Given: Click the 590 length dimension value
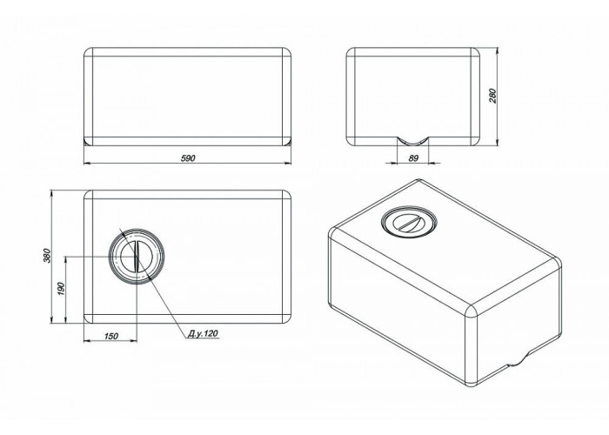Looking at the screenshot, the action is (188, 158).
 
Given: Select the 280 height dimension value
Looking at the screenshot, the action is (492, 96).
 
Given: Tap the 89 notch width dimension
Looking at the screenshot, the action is (413, 158).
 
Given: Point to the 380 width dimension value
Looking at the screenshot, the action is (47, 255).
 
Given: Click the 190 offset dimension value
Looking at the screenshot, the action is (61, 289).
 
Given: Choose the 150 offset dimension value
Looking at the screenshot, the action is (111, 336).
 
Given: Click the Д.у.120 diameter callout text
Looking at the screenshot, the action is (203, 333).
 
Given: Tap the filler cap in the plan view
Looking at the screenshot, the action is (136, 257).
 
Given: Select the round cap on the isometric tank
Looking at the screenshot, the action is (410, 222).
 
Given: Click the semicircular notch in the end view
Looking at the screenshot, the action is (413, 141).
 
